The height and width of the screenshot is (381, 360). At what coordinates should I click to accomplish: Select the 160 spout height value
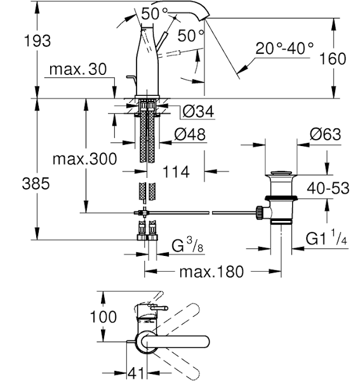pos(333,58)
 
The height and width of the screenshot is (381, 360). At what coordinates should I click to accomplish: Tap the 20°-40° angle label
pos(285,47)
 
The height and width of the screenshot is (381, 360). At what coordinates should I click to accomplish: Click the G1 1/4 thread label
pos(325,239)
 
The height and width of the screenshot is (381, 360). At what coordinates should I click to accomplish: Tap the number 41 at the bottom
pos(135,371)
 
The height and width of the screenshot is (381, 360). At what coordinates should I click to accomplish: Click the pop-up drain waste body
pos(279,197)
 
